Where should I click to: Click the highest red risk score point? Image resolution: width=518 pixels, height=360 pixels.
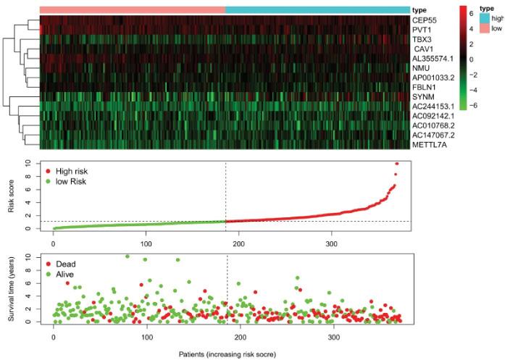click(x=396, y=164)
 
